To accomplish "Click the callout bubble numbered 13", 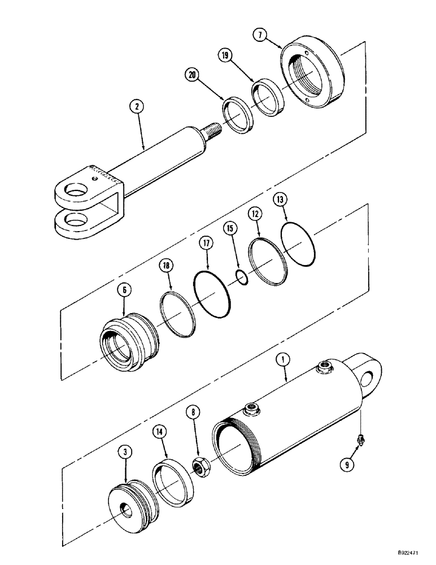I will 281,199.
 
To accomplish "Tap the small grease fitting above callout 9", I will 361,437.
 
